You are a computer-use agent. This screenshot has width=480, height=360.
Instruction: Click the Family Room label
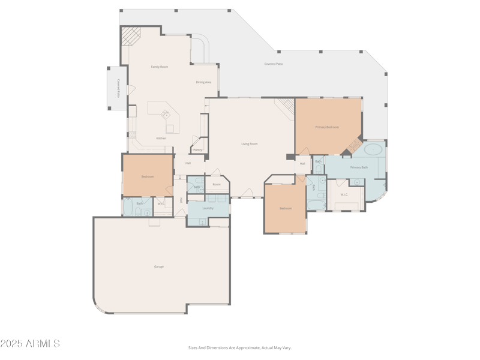click(159, 67)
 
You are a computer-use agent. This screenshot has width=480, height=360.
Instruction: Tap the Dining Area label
click(203, 82)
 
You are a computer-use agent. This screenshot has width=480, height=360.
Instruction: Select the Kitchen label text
click(161, 139)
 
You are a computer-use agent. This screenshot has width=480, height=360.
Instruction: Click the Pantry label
click(197, 149)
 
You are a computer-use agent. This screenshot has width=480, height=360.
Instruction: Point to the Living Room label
click(250, 144)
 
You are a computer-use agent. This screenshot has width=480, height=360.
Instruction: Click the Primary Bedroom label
click(327, 127)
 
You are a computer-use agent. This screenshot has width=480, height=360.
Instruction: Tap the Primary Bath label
click(359, 167)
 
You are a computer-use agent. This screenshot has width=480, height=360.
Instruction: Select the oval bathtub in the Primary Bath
click(374, 149)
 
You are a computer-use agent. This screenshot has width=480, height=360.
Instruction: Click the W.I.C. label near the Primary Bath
click(344, 194)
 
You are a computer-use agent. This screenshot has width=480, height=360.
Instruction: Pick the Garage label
click(159, 266)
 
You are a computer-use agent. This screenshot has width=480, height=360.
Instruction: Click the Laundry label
click(208, 208)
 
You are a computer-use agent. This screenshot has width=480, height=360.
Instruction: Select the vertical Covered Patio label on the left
click(119, 88)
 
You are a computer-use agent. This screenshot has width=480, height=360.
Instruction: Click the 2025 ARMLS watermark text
click(30, 344)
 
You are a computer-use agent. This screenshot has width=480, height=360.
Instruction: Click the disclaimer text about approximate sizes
click(239, 347)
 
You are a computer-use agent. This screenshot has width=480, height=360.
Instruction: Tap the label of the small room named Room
click(217, 184)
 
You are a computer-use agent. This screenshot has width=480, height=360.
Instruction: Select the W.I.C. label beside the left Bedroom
click(161, 204)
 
